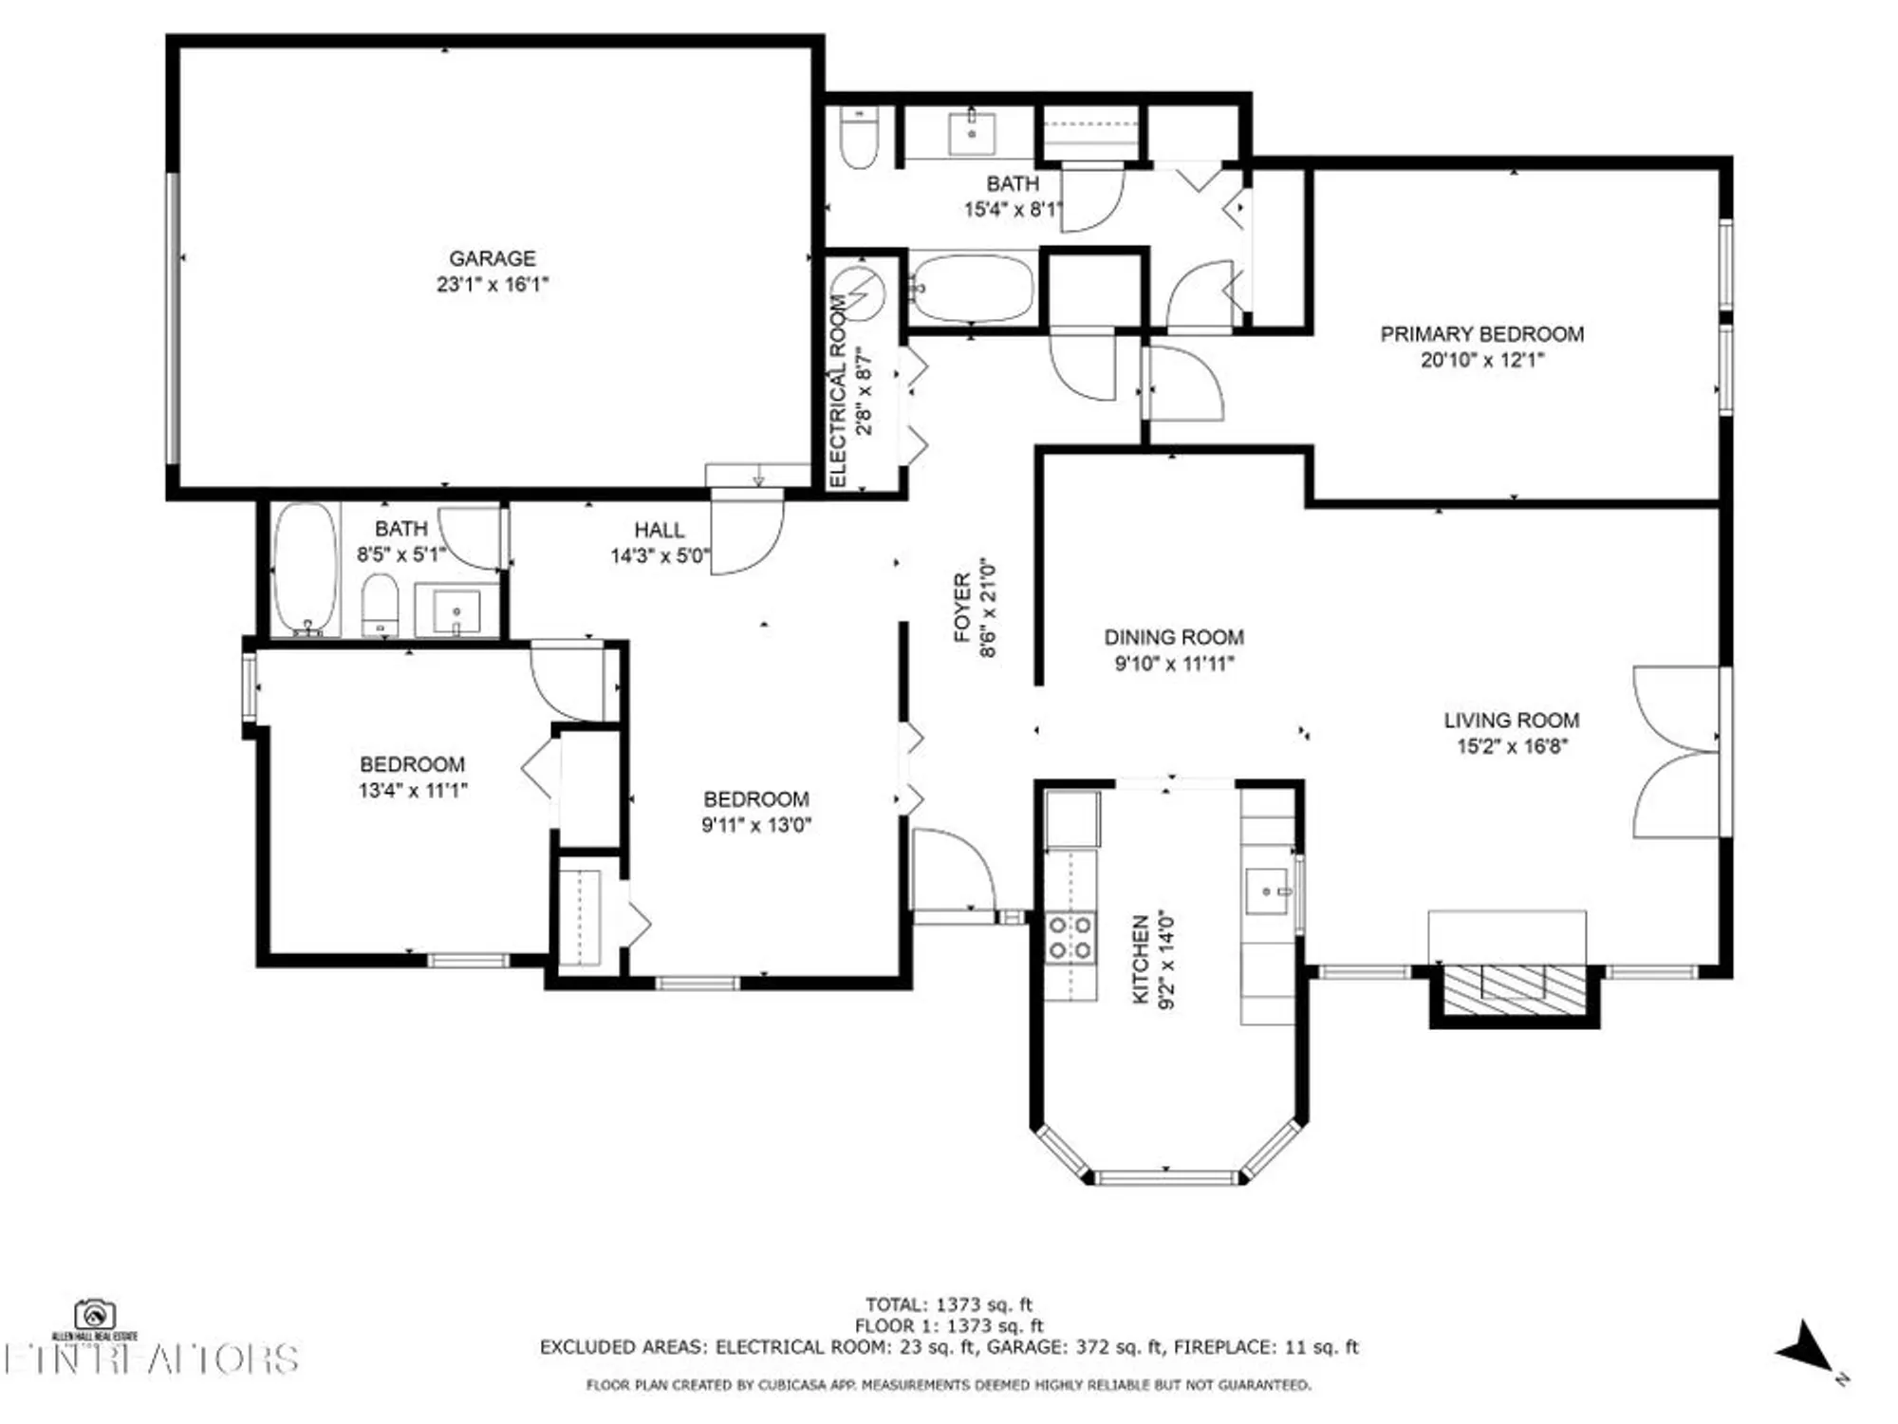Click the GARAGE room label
tap(492, 258)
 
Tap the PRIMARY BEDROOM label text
tap(1480, 334)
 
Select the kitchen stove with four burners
tap(1070, 937)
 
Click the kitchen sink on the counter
tap(1266, 891)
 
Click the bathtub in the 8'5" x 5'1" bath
tap(305, 567)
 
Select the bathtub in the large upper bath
tap(971, 287)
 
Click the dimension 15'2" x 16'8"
tap(1511, 746)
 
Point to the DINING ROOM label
tap(1173, 638)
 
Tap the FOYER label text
tap(962, 608)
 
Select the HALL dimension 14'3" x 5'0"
tap(659, 555)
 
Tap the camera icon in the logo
tap(95, 1316)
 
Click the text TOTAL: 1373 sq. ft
tap(948, 1304)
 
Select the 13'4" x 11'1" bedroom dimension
tap(412, 790)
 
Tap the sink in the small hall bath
tap(456, 610)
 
